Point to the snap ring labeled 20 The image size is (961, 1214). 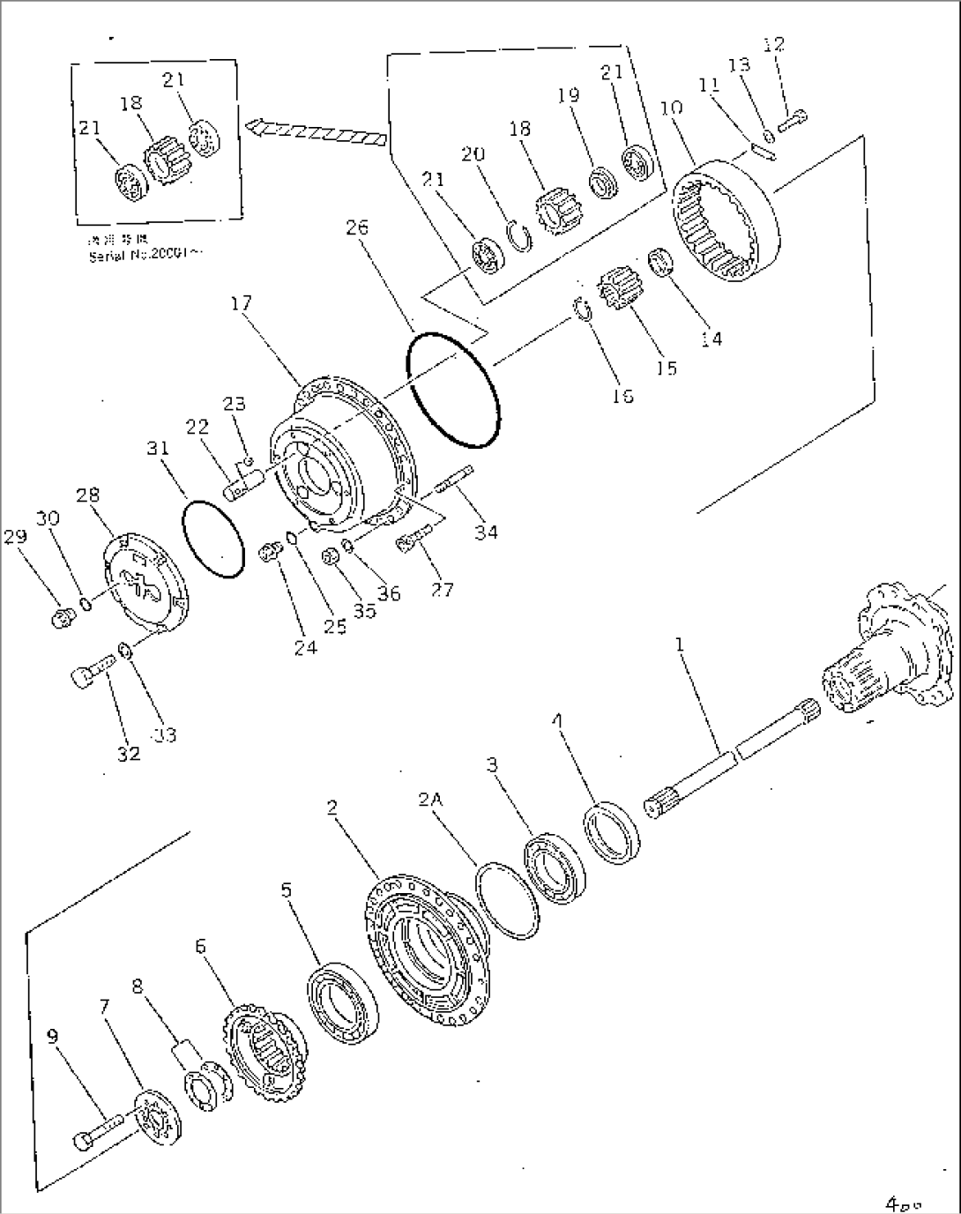(x=521, y=237)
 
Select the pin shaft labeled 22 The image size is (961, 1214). (x=244, y=483)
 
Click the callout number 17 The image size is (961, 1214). (x=241, y=304)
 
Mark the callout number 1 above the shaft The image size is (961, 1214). (x=679, y=644)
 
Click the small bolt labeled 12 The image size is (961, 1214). (x=794, y=115)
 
